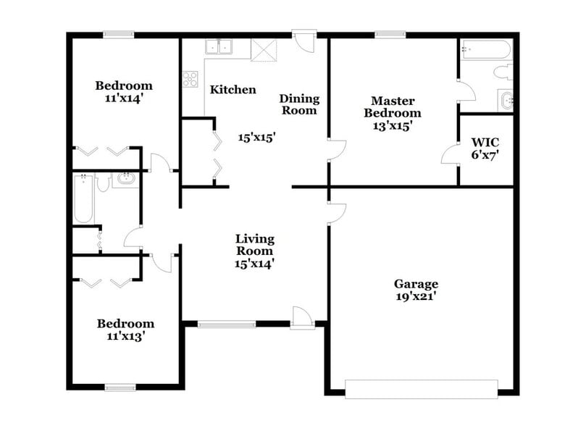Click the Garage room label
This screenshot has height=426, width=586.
point(416,284)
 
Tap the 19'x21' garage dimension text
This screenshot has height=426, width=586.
point(416,296)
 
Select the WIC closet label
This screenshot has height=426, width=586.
point(485,142)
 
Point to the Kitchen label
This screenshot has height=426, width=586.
point(233,90)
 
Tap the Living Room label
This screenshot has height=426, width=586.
point(254,244)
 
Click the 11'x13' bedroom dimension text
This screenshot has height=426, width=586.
point(125,336)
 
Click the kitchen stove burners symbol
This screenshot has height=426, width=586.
point(191,78)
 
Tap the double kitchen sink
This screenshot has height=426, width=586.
point(218,48)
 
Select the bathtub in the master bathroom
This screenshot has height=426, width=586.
point(485,49)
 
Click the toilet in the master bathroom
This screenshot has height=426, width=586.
point(503,72)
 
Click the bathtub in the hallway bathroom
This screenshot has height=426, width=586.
point(83,199)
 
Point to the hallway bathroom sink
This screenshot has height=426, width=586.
point(126,178)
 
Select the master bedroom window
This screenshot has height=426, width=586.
point(390,33)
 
